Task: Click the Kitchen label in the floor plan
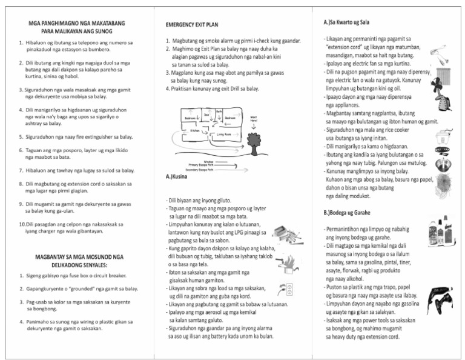pos(195,130)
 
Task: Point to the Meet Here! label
pos(253,119)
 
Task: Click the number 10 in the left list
pos(22,224)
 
